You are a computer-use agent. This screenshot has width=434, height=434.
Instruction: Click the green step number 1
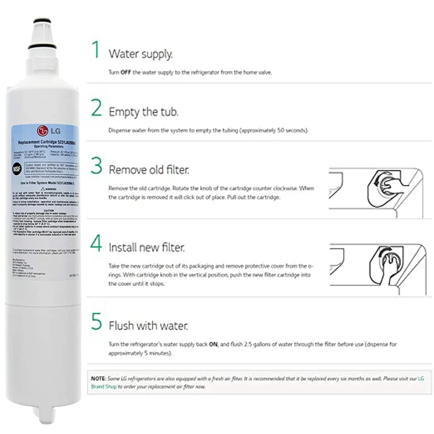tap(96, 50)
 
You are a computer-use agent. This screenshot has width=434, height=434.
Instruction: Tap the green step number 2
tap(96, 108)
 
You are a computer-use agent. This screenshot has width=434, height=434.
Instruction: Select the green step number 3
tap(96, 167)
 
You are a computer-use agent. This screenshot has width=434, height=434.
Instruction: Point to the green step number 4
tap(96, 244)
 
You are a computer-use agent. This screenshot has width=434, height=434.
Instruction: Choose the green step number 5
tap(96, 321)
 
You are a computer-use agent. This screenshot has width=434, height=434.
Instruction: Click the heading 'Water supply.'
tap(141, 54)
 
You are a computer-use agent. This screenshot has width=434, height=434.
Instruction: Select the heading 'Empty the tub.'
tap(143, 112)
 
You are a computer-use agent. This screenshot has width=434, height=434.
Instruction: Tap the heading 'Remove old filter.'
tap(149, 170)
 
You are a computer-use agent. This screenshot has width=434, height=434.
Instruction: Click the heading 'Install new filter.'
tap(146, 248)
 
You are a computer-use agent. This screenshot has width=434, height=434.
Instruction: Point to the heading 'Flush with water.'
tap(148, 326)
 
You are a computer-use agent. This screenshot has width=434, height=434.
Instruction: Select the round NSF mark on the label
tap(17, 169)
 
